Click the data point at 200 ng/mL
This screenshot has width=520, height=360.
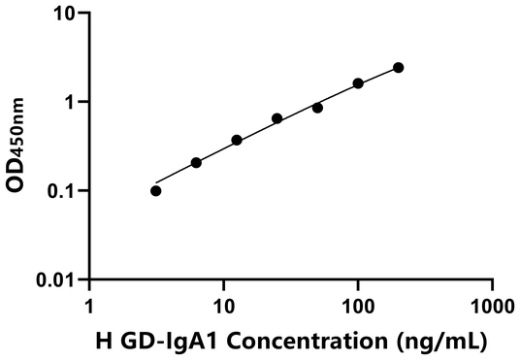(398, 67)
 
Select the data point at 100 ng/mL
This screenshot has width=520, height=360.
(358, 83)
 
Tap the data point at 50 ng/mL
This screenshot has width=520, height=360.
(317, 108)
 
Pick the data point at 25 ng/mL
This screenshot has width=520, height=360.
(277, 118)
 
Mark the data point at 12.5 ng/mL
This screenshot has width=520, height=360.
(237, 140)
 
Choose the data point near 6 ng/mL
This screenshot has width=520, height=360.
(196, 162)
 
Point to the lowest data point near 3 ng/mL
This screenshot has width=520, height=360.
(156, 190)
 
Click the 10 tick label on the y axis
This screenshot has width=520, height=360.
(64, 14)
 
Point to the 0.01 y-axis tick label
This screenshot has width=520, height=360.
(56, 280)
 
